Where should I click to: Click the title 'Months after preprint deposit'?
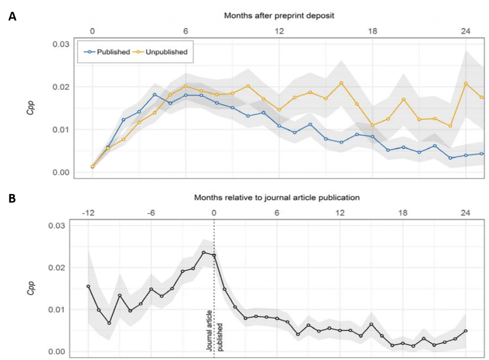(279, 15)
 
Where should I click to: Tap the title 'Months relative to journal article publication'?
(276, 197)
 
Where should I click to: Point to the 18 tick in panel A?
(372, 32)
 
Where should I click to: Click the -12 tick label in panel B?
(88, 213)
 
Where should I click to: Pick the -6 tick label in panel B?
(151, 213)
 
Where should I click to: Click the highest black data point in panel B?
(204, 253)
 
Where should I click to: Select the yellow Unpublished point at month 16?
(341, 83)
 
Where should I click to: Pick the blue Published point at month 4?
(155, 95)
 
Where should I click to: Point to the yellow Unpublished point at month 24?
(466, 84)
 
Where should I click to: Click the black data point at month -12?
(88, 286)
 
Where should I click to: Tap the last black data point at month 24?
(466, 331)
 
